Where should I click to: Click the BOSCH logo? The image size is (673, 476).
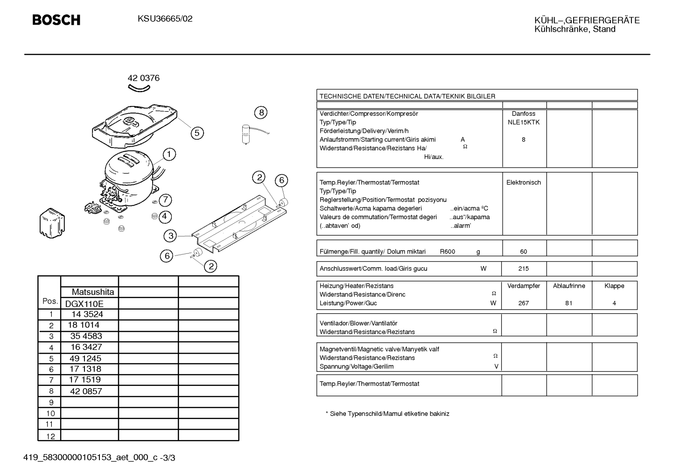click(x=56, y=20)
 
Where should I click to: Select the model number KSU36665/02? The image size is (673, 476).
click(x=165, y=19)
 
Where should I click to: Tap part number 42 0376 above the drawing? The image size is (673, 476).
click(x=144, y=78)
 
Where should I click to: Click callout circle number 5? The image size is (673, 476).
click(x=197, y=133)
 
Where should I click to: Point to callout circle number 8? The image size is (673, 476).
click(x=261, y=113)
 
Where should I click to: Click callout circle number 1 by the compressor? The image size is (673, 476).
click(x=169, y=155)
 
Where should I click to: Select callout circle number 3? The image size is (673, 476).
click(x=170, y=236)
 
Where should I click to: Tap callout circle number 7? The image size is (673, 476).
click(x=165, y=200)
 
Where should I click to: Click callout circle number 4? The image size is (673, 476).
click(x=165, y=216)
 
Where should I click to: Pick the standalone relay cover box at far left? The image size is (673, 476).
click(x=52, y=223)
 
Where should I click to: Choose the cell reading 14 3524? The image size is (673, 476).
click(x=87, y=314)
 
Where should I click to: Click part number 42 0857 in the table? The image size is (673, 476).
click(x=86, y=391)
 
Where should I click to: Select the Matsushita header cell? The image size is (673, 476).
click(x=93, y=292)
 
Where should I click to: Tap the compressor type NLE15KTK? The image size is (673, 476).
click(x=524, y=122)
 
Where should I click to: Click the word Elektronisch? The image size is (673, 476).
click(x=524, y=183)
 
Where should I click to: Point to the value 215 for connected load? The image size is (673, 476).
click(x=523, y=269)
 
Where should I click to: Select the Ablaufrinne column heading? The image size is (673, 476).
click(x=569, y=286)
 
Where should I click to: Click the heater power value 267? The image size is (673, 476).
click(x=523, y=303)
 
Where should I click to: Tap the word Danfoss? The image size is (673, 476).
click(x=524, y=114)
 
